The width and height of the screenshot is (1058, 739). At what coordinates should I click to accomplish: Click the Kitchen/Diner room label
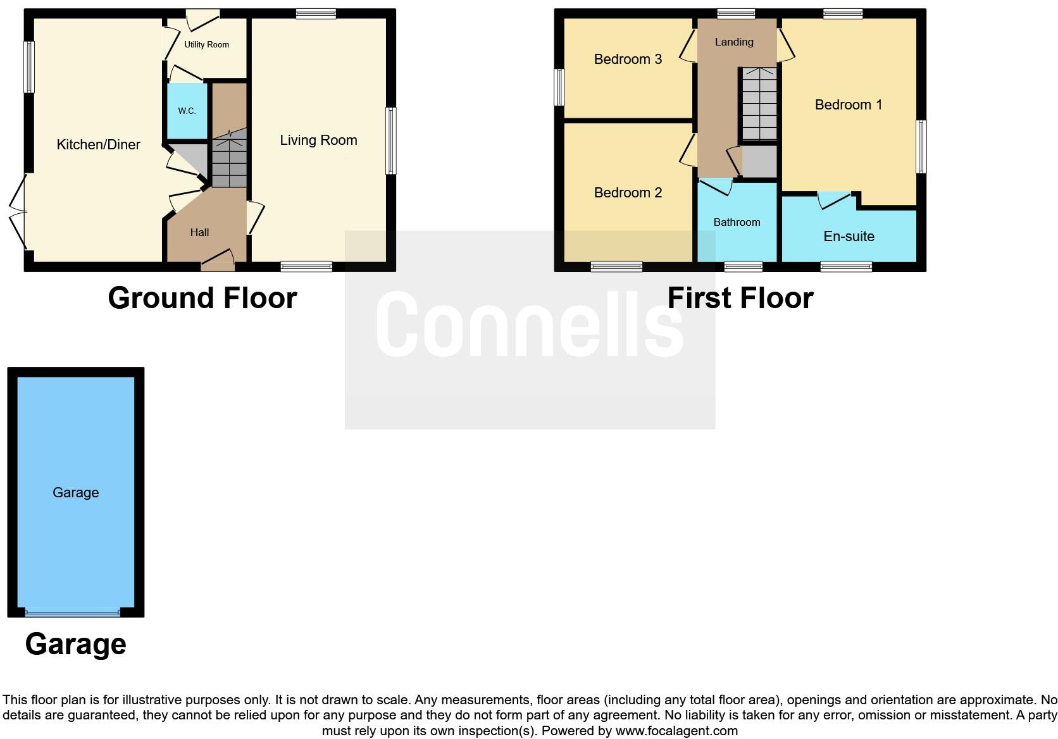pos(98,145)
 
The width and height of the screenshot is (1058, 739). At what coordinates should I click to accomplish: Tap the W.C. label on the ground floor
pos(187,111)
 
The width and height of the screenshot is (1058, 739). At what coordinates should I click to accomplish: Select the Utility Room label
pos(206,45)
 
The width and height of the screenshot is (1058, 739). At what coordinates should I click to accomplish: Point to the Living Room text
pos(318,140)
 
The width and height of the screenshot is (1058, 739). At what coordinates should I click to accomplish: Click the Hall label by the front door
pos(199,233)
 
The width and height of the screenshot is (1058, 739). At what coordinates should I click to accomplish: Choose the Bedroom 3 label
pos(628,59)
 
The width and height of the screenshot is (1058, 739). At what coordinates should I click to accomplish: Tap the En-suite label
pos(849,237)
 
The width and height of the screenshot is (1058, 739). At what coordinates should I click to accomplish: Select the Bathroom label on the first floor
pos(737,223)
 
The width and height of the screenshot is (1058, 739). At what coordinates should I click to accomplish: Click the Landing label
pos(734,42)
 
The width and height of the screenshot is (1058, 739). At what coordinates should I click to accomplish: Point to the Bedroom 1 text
pos(848,105)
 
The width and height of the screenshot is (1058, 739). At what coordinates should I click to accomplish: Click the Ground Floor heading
pos(202,298)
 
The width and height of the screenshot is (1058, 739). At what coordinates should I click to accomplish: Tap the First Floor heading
pos(740,298)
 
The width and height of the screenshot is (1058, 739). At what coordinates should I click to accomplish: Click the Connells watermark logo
pos(530,325)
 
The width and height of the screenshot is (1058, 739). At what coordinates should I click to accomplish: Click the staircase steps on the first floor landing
pos(759,104)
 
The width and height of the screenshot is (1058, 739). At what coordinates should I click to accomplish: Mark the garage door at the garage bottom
pos(73,612)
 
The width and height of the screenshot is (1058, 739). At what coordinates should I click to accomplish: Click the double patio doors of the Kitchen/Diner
pos(18,212)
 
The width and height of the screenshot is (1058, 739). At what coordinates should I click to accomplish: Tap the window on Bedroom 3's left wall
pos(559,87)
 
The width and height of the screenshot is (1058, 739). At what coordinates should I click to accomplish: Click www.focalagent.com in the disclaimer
pos(676,731)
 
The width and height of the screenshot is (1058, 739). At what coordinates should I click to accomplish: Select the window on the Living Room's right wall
pos(391,140)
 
